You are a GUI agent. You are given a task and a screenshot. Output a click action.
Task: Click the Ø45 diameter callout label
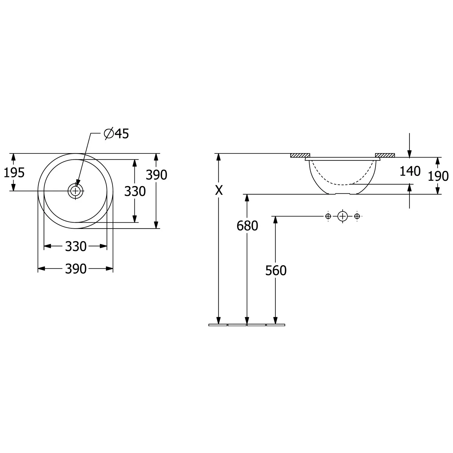click(x=116, y=133)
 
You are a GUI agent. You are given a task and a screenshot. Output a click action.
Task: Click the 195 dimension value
click(x=14, y=173)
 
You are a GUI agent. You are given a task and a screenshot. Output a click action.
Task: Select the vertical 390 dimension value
click(x=156, y=175)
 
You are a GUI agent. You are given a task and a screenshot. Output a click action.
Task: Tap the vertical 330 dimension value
click(x=135, y=191)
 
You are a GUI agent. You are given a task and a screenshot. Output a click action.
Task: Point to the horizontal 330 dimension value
click(x=76, y=246)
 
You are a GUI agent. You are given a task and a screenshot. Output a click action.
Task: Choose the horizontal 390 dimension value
click(x=76, y=269)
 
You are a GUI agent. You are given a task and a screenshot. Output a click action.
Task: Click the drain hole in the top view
click(x=75, y=191)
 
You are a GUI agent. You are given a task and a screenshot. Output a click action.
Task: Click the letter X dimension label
click(x=219, y=190)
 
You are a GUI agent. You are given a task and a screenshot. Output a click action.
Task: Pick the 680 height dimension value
click(x=247, y=226)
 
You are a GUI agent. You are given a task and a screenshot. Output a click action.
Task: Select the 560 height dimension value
click(x=276, y=271)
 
